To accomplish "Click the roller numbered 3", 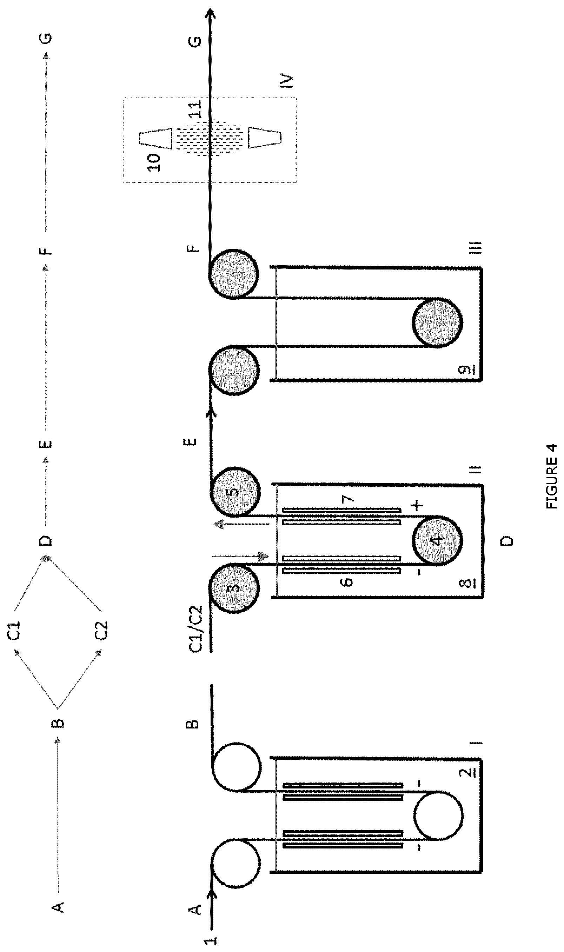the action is tap(234, 588).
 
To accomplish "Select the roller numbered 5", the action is tap(234, 492).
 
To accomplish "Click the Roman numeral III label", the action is tap(475, 247).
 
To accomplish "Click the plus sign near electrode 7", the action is tap(417, 506).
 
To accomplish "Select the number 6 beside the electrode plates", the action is tap(347, 581).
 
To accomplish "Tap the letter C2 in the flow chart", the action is tap(101, 630).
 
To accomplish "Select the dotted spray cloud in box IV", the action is tap(210, 138).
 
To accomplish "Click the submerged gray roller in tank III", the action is tap(437, 322).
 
